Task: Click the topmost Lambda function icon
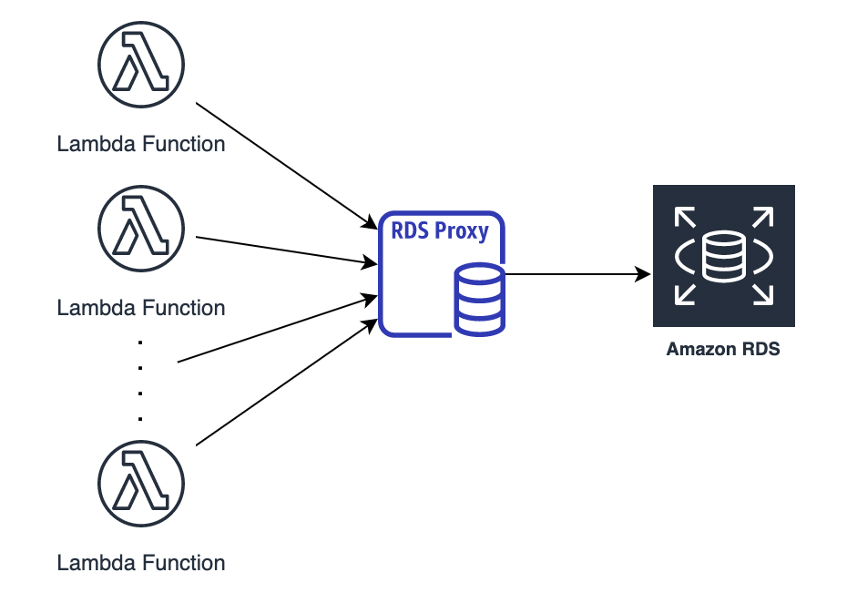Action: (x=141, y=65)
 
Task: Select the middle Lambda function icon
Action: (x=141, y=229)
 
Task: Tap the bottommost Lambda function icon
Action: (x=141, y=484)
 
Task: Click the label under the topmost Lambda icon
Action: (x=141, y=144)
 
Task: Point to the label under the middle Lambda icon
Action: (x=141, y=308)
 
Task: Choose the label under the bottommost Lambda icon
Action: (x=141, y=563)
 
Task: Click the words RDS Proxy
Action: (x=440, y=231)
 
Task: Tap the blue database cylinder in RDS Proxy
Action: (x=480, y=300)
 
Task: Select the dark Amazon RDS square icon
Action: (x=724, y=256)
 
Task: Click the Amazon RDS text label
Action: (x=723, y=349)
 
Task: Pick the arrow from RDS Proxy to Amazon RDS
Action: (x=577, y=274)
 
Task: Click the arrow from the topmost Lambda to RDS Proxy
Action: (x=287, y=166)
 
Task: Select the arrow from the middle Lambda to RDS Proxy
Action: (x=287, y=250)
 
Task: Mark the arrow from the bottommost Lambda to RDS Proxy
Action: (x=287, y=383)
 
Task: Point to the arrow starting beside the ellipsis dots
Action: (x=278, y=329)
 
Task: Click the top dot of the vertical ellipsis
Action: (x=140, y=342)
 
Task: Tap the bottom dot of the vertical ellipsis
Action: (x=140, y=419)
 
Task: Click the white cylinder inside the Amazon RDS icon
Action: (x=724, y=256)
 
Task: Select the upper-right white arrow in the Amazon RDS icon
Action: (x=762, y=217)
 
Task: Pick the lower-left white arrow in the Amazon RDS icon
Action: (x=685, y=294)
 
